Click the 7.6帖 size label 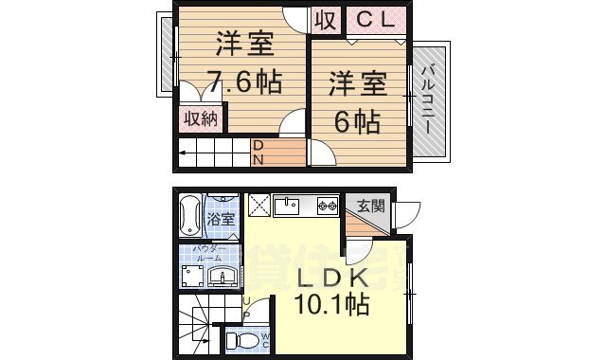[245, 82]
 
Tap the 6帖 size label [357, 121]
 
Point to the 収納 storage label [201, 118]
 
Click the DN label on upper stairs [258, 153]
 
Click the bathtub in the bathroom [189, 217]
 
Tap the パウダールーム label [209, 253]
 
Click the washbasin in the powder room [225, 277]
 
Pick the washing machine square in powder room [192, 276]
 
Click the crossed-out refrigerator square [258, 205]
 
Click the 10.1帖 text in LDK [330, 306]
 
